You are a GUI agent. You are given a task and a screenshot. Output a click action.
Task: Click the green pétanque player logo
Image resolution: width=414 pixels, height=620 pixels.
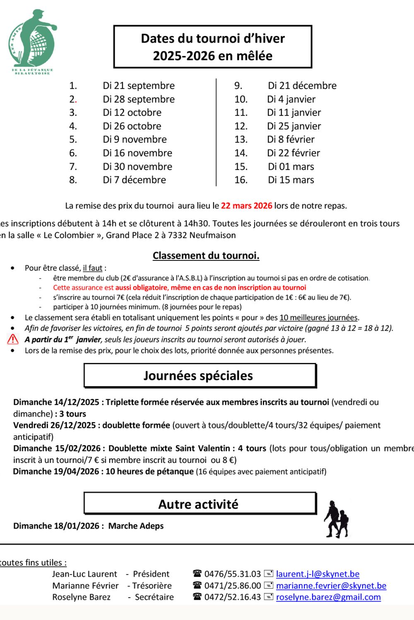[x=32, y=41]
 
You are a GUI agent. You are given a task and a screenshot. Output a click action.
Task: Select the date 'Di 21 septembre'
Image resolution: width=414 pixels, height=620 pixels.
[x=139, y=86]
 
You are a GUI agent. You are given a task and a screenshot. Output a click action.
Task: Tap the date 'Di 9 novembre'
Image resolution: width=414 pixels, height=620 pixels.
[x=135, y=139]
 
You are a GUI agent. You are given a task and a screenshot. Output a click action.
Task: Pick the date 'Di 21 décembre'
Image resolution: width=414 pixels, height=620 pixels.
[x=302, y=86]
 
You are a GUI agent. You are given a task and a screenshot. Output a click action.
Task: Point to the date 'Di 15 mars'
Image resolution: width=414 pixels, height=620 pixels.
[x=291, y=180]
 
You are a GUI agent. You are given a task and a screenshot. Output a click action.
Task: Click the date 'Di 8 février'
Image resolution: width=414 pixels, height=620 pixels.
[x=291, y=139]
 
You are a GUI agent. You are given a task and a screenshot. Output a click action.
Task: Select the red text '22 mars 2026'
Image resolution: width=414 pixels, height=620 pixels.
[x=246, y=205]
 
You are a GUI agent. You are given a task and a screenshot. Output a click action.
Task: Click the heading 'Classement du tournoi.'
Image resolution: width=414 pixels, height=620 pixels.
[x=206, y=255]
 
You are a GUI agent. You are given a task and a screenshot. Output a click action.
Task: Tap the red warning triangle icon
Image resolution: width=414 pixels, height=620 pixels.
[x=13, y=339]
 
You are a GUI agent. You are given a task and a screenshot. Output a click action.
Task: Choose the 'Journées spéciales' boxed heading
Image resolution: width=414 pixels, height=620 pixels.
[x=200, y=375]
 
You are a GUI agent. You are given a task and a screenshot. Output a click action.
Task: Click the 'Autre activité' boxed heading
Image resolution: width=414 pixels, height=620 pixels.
[x=200, y=504]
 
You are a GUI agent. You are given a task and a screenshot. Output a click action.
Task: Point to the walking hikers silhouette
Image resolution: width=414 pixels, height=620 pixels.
[x=336, y=520]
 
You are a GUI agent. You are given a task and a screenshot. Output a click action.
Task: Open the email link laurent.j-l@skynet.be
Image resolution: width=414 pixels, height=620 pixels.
[x=318, y=574]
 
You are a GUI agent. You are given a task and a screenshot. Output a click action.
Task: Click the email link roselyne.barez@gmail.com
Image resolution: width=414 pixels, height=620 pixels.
[x=328, y=597]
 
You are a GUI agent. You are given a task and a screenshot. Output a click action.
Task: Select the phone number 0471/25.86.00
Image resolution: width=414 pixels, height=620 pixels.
[x=232, y=585]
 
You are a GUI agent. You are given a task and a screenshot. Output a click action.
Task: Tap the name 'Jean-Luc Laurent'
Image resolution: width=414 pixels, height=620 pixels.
[x=84, y=574]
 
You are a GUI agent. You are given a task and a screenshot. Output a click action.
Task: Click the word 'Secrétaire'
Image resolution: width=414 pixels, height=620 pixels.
[x=154, y=597]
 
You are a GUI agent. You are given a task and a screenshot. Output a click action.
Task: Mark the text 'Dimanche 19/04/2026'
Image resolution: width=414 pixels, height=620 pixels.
[x=56, y=471]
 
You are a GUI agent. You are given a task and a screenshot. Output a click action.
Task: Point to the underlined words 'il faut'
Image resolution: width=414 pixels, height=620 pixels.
[x=92, y=268]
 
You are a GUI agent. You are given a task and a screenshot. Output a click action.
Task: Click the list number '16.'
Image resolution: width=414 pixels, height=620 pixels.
[x=241, y=180]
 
